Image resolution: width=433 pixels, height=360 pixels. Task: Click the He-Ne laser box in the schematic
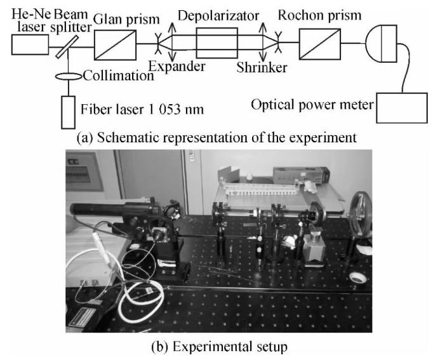pos(30,44)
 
